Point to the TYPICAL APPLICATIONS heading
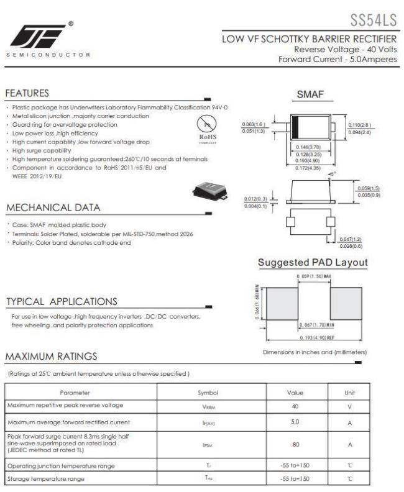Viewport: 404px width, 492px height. click(x=62, y=302)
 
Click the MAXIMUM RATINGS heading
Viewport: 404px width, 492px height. click(x=52, y=356)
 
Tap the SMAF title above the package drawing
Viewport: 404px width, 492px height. click(x=310, y=94)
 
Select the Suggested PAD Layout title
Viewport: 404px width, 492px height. click(x=313, y=263)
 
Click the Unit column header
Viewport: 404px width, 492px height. click(x=350, y=393)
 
